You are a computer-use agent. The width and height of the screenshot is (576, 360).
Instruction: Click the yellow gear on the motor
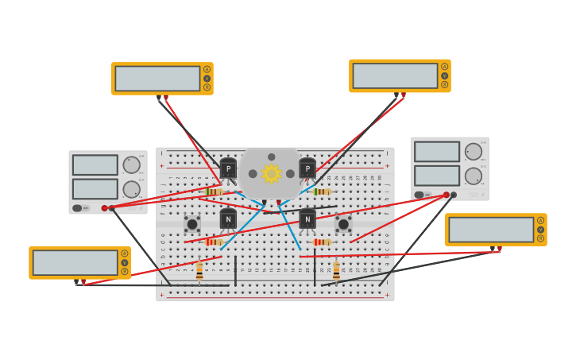point(272,173)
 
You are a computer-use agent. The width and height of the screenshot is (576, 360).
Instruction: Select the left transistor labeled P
point(228,168)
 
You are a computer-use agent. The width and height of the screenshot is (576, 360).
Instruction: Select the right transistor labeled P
point(307,168)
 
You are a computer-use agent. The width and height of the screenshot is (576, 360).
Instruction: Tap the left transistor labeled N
point(228,219)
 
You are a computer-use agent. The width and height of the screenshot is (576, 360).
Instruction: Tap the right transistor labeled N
point(307,219)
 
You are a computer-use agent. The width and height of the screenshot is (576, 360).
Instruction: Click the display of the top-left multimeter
point(157,79)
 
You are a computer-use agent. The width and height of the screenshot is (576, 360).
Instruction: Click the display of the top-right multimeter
point(395,75)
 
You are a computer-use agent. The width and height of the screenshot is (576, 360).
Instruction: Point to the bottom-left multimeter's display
point(75,262)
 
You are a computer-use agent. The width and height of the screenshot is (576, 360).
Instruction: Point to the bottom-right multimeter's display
point(491,230)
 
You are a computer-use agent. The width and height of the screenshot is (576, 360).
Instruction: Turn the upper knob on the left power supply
point(131,165)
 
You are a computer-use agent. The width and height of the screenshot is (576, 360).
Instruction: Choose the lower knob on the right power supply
point(474,176)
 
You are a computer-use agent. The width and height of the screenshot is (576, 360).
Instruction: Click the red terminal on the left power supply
point(104,208)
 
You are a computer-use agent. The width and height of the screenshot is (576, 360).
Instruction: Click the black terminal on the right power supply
point(454,195)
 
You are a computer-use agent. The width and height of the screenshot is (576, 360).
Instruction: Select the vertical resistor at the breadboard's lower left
point(199,271)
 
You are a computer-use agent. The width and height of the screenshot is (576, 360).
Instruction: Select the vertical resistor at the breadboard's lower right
point(336,271)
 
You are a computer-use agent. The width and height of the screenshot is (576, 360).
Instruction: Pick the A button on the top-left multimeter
point(207,69)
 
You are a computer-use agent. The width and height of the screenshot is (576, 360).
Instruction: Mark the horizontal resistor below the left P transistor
point(213,192)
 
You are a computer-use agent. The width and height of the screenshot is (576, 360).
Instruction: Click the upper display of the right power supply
point(436,151)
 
